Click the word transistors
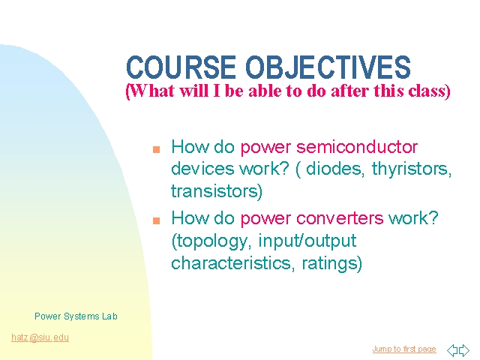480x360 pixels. coord(215,191)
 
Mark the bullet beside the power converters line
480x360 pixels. coord(156,220)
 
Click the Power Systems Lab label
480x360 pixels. coord(76,316)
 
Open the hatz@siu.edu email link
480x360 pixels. coord(40,337)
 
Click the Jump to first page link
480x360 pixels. coord(403,349)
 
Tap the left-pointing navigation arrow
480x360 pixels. coord(452,350)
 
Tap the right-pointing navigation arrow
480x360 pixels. coord(464,350)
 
